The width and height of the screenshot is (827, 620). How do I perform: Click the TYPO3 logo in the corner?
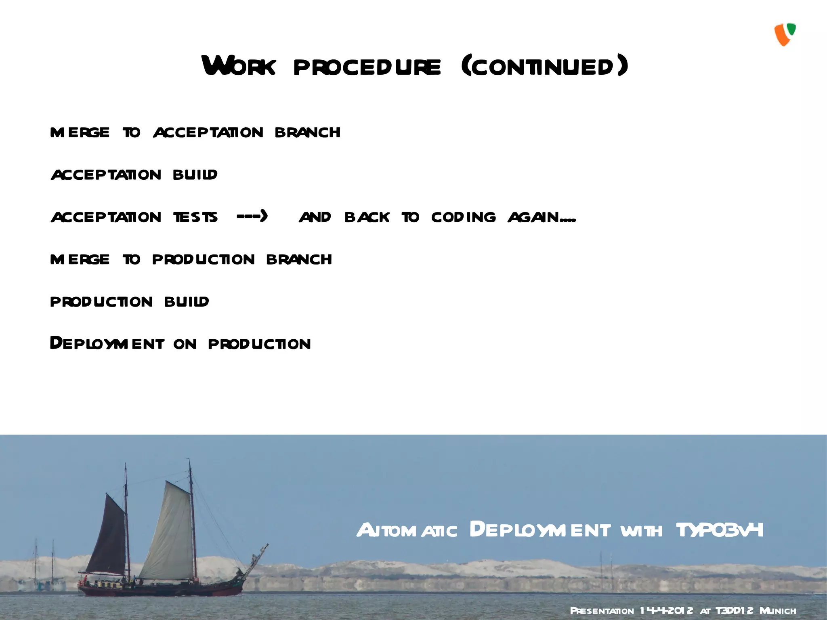785,35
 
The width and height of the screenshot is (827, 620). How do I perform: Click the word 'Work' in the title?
239,66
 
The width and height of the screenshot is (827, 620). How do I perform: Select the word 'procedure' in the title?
367,67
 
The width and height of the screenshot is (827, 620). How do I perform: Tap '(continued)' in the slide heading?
545,66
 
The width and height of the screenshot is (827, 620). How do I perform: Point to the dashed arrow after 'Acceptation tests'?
252,216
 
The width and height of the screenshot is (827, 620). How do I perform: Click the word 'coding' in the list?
463,217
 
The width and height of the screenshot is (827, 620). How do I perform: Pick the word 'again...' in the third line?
542,217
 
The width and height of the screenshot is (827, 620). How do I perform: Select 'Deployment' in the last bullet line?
107,343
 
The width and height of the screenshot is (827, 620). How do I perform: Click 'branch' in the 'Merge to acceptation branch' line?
307,132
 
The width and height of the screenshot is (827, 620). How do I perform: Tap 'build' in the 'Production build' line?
187,301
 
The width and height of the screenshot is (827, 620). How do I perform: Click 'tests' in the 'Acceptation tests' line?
195,217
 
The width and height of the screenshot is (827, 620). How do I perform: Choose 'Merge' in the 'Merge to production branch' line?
80,259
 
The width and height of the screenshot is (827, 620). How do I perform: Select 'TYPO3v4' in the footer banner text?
720,530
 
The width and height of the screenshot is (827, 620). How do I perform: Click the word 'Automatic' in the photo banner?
407,530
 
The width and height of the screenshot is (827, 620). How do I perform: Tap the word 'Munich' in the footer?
778,611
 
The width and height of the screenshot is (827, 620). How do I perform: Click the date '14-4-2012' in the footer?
666,611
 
